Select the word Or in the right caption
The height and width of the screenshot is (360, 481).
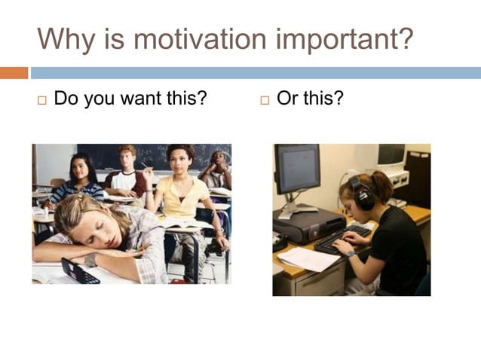click(287, 99)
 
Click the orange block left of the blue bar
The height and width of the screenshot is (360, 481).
click(14, 73)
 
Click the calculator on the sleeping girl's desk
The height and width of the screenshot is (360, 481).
click(79, 270)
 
